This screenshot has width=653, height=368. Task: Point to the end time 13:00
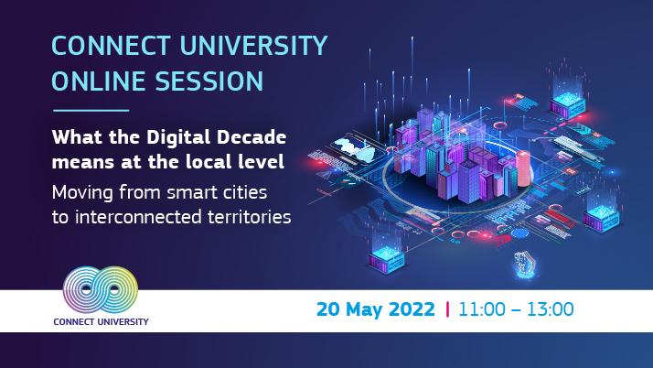click(548, 308)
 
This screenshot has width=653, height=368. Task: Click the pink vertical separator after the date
click(446, 308)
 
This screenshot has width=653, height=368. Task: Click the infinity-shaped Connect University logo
click(102, 290)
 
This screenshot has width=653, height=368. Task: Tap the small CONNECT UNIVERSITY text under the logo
click(102, 321)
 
